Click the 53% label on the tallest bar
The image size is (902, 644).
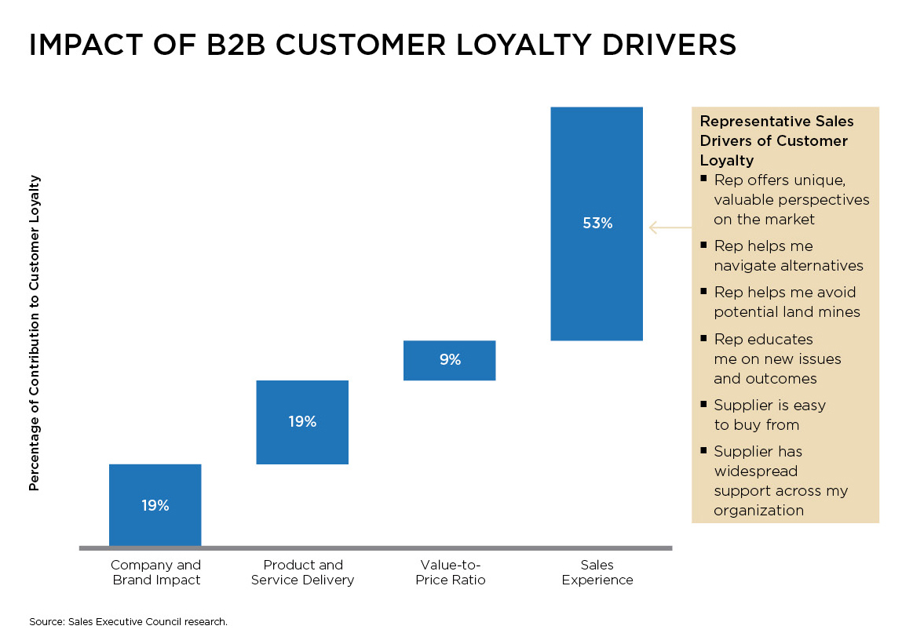[597, 223]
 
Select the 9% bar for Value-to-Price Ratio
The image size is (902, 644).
[449, 360]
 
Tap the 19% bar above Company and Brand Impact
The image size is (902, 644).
[155, 505]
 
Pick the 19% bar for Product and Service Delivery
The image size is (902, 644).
[302, 422]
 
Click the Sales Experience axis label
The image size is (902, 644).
[597, 573]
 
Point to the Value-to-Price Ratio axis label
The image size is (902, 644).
[450, 573]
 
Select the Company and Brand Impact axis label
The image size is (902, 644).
[155, 573]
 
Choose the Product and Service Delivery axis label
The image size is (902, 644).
[302, 573]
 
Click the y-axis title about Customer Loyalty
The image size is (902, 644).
[34, 333]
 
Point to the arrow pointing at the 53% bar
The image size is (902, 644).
[669, 227]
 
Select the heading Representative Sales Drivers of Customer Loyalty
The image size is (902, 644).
[776, 141]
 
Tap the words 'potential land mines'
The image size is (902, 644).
[787, 311]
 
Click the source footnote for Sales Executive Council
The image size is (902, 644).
[128, 621]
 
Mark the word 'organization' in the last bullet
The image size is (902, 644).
[758, 511]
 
